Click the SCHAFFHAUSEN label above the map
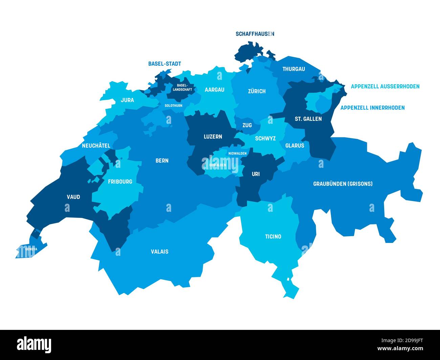(255, 34)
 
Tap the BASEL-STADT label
(164, 64)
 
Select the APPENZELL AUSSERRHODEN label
(385, 86)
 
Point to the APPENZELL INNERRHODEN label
(372, 108)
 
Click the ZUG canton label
(247, 125)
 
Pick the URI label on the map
(256, 174)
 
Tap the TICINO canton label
(273, 237)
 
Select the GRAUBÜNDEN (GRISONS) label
(343, 184)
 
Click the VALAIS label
(159, 251)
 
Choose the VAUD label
(73, 197)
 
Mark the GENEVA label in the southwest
(31, 249)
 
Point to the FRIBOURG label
(120, 181)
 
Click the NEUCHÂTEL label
(96, 145)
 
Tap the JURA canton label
(127, 100)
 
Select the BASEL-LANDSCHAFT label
(182, 88)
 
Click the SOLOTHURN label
(173, 106)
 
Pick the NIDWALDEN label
(237, 153)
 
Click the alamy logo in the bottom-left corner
(34, 344)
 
